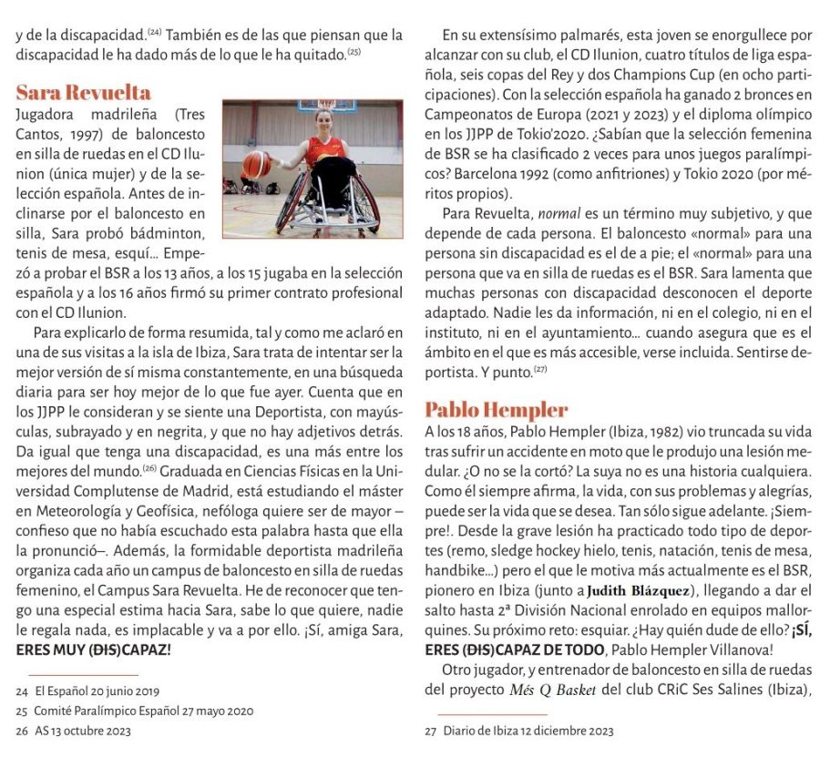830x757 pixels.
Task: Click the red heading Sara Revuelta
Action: coord(84,93)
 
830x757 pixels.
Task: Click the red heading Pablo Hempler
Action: coord(496,409)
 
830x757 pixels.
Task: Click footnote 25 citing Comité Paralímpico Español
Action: coord(135,711)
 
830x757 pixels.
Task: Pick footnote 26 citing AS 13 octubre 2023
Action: coord(82,731)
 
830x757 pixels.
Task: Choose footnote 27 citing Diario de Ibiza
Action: coord(519,731)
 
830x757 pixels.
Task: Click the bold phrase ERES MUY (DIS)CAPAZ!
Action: coord(93,650)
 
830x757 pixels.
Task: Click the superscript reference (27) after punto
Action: coord(539,369)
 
